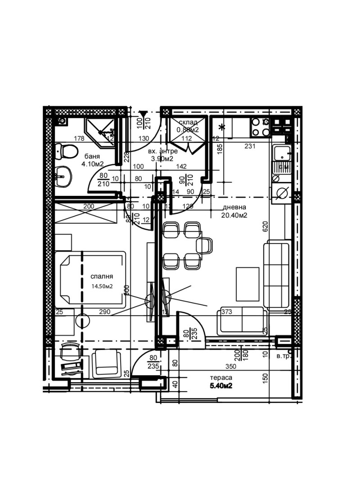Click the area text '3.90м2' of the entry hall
[x=162, y=158]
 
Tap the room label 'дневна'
[x=234, y=208]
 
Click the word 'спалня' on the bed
[x=101, y=276]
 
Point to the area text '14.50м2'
[x=101, y=286]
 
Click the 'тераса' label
[x=220, y=377]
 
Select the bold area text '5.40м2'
[x=220, y=386]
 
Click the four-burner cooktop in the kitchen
[x=261, y=127]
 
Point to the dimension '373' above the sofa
[x=226, y=312]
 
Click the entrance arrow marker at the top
[x=143, y=114]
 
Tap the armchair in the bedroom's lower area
[x=106, y=364]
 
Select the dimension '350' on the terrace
[x=231, y=367]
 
